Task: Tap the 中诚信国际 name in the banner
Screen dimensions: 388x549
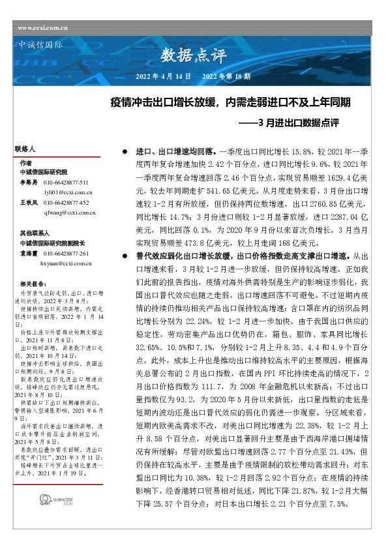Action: tap(38, 45)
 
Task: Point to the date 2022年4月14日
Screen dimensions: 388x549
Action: tap(162, 76)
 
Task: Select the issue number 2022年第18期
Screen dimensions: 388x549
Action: tap(226, 76)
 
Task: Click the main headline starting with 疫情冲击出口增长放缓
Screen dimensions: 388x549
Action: tap(231, 102)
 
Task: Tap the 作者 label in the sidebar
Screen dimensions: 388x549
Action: tap(25, 162)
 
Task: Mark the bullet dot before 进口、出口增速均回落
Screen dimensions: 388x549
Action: tap(125, 151)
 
